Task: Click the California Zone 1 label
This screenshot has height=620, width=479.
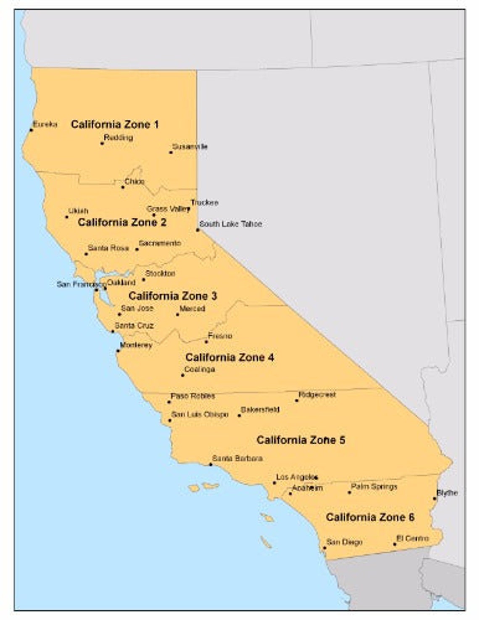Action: click(x=115, y=125)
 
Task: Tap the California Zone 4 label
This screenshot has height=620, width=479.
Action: click(x=229, y=358)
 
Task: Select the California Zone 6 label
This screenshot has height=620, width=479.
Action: click(x=370, y=518)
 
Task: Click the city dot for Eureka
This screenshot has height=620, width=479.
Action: click(x=31, y=130)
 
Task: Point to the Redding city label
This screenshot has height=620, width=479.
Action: click(x=118, y=138)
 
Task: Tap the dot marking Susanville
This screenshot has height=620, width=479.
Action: click(x=171, y=152)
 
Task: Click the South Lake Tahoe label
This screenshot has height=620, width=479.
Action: click(x=230, y=224)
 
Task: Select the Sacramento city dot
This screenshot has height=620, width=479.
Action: click(x=137, y=249)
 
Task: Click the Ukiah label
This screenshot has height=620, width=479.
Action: click(x=78, y=211)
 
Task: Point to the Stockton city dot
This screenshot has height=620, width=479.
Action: click(x=143, y=280)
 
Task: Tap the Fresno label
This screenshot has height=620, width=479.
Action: click(x=220, y=336)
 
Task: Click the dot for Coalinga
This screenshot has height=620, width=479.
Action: click(x=183, y=375)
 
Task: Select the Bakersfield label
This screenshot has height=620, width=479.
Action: click(x=260, y=410)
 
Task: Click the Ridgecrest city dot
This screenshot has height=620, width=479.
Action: click(x=297, y=400)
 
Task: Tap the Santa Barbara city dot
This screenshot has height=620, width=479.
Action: click(x=211, y=465)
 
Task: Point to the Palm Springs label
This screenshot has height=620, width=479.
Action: click(x=374, y=487)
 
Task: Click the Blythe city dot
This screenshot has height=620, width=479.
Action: click(x=435, y=499)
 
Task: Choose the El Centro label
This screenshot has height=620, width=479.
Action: click(x=413, y=539)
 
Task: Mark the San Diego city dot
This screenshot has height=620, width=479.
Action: click(x=324, y=548)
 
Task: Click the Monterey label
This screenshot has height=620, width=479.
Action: click(x=136, y=345)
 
